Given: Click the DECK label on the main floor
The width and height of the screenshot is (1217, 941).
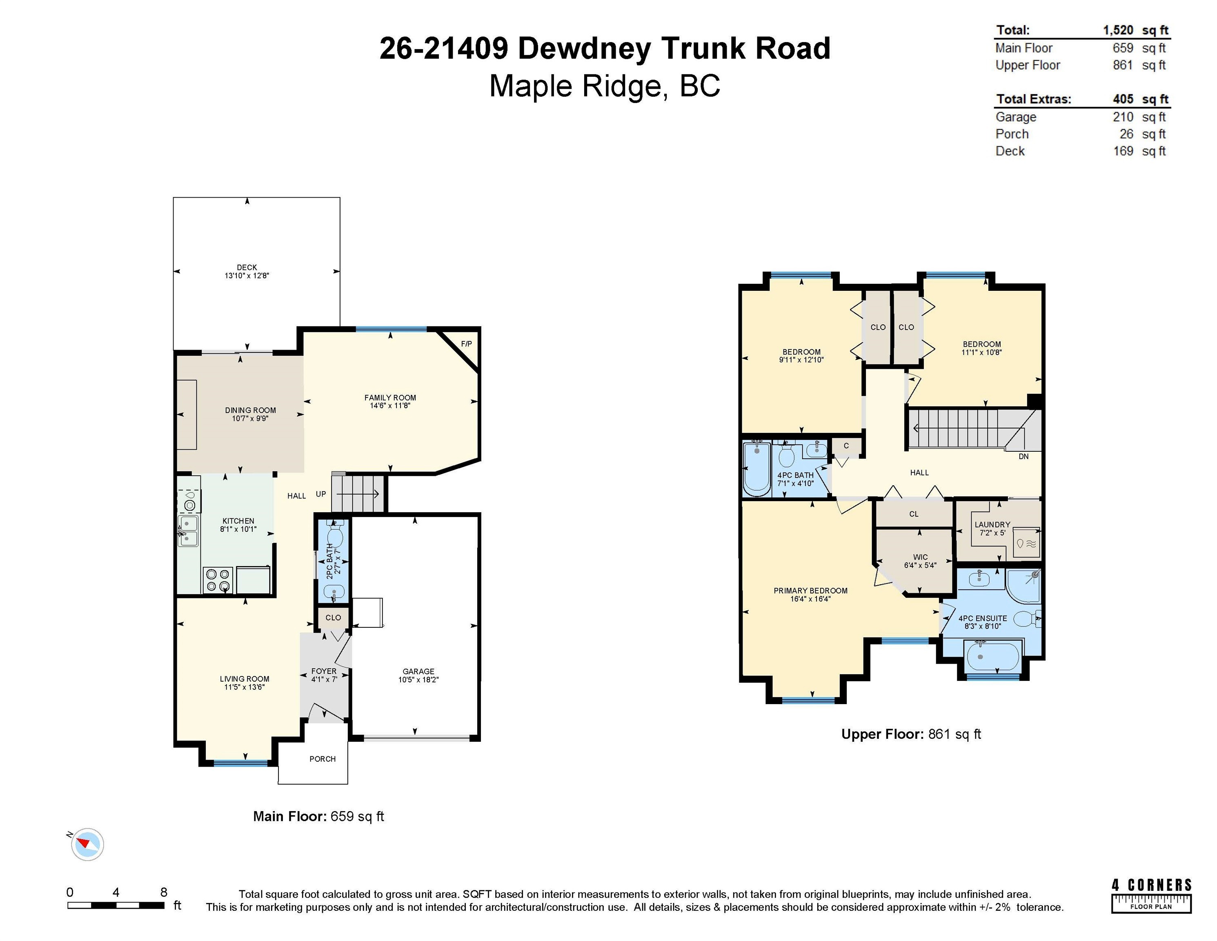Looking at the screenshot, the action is [247, 267].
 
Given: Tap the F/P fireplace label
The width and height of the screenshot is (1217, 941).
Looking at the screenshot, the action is [466, 344].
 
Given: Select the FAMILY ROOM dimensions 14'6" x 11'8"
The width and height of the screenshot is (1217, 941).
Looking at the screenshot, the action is [390, 406].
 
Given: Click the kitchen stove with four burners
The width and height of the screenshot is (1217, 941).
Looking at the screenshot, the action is [217, 580].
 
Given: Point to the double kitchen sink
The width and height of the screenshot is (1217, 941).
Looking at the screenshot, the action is [188, 531].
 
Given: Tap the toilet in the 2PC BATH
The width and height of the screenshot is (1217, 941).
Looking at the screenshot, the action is [334, 535].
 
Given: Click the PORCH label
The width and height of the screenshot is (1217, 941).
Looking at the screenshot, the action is [323, 759].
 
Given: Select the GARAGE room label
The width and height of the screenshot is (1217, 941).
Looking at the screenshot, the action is [418, 671].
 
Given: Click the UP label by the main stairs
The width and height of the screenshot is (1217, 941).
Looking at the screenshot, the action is [321, 494].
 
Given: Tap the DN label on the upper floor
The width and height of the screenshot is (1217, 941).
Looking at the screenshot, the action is [1023, 457].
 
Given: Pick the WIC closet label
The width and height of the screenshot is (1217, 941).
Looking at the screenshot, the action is [921, 557].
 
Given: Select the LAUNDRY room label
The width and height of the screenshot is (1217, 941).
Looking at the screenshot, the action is [992, 524].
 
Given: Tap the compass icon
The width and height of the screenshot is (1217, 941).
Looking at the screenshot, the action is [87, 844].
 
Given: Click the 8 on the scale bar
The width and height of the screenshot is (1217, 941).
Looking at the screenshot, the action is [164, 892].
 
